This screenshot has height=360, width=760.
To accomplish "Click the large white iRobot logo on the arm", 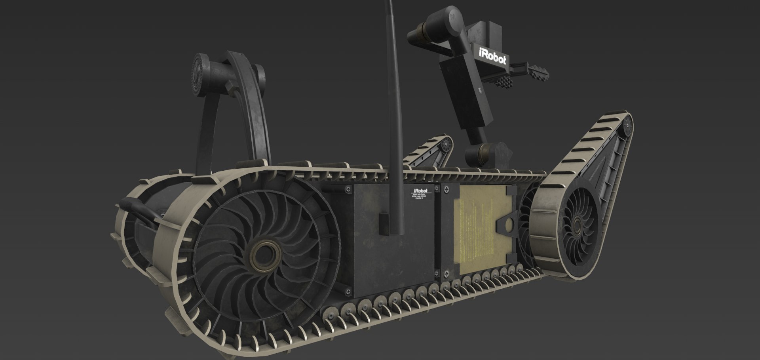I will tap(492, 57).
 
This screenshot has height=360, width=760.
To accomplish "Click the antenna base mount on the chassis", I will tap(384, 223).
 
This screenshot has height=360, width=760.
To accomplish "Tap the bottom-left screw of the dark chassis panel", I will tap(348, 292).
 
